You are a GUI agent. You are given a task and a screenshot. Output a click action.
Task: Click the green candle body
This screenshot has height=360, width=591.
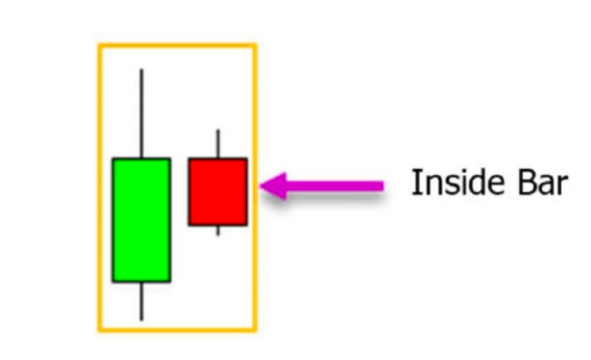[141, 220]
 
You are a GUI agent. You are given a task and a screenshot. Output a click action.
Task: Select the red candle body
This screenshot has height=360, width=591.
[218, 192]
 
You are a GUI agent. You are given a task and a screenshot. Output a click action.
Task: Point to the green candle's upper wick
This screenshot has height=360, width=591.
[141, 113]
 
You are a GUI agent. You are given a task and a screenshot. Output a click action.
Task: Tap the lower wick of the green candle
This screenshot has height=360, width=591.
[141, 301]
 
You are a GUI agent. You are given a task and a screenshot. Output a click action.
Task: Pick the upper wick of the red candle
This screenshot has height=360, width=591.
[218, 144]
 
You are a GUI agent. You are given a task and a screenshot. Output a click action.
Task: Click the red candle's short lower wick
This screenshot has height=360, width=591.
[218, 230]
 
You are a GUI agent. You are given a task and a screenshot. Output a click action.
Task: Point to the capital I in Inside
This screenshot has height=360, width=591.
[415, 183]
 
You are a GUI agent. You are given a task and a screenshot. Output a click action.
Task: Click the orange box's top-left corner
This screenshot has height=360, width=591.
[100, 45]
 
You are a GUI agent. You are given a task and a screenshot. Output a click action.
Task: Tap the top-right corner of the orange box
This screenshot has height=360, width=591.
[255, 45]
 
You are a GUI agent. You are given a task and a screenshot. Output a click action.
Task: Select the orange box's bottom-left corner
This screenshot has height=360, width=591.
[100, 329]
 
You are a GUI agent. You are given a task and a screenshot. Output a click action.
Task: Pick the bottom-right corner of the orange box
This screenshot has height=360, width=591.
[255, 329]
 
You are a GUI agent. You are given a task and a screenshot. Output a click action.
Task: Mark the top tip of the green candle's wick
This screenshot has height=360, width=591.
[141, 69]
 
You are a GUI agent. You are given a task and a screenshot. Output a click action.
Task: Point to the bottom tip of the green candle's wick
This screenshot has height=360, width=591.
[141, 320]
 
